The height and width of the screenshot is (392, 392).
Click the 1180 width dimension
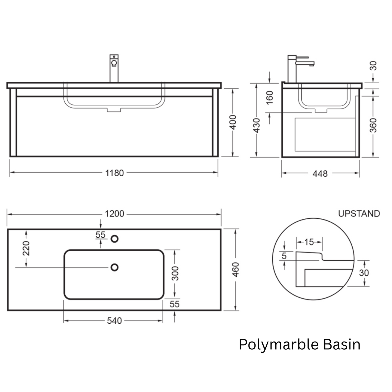[114, 173]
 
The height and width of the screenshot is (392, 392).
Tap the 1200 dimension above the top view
[114, 214]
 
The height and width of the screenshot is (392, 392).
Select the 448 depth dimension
[320, 174]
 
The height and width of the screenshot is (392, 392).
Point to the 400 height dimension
[233, 122]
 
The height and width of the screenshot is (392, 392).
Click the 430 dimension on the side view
[257, 125]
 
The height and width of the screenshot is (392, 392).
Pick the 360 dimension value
[373, 125]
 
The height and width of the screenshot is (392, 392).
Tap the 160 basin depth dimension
[270, 98]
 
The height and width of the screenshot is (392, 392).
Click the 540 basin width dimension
[114, 321]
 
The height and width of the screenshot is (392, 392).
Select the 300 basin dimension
[175, 274]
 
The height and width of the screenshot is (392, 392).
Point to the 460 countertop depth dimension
[235, 270]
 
